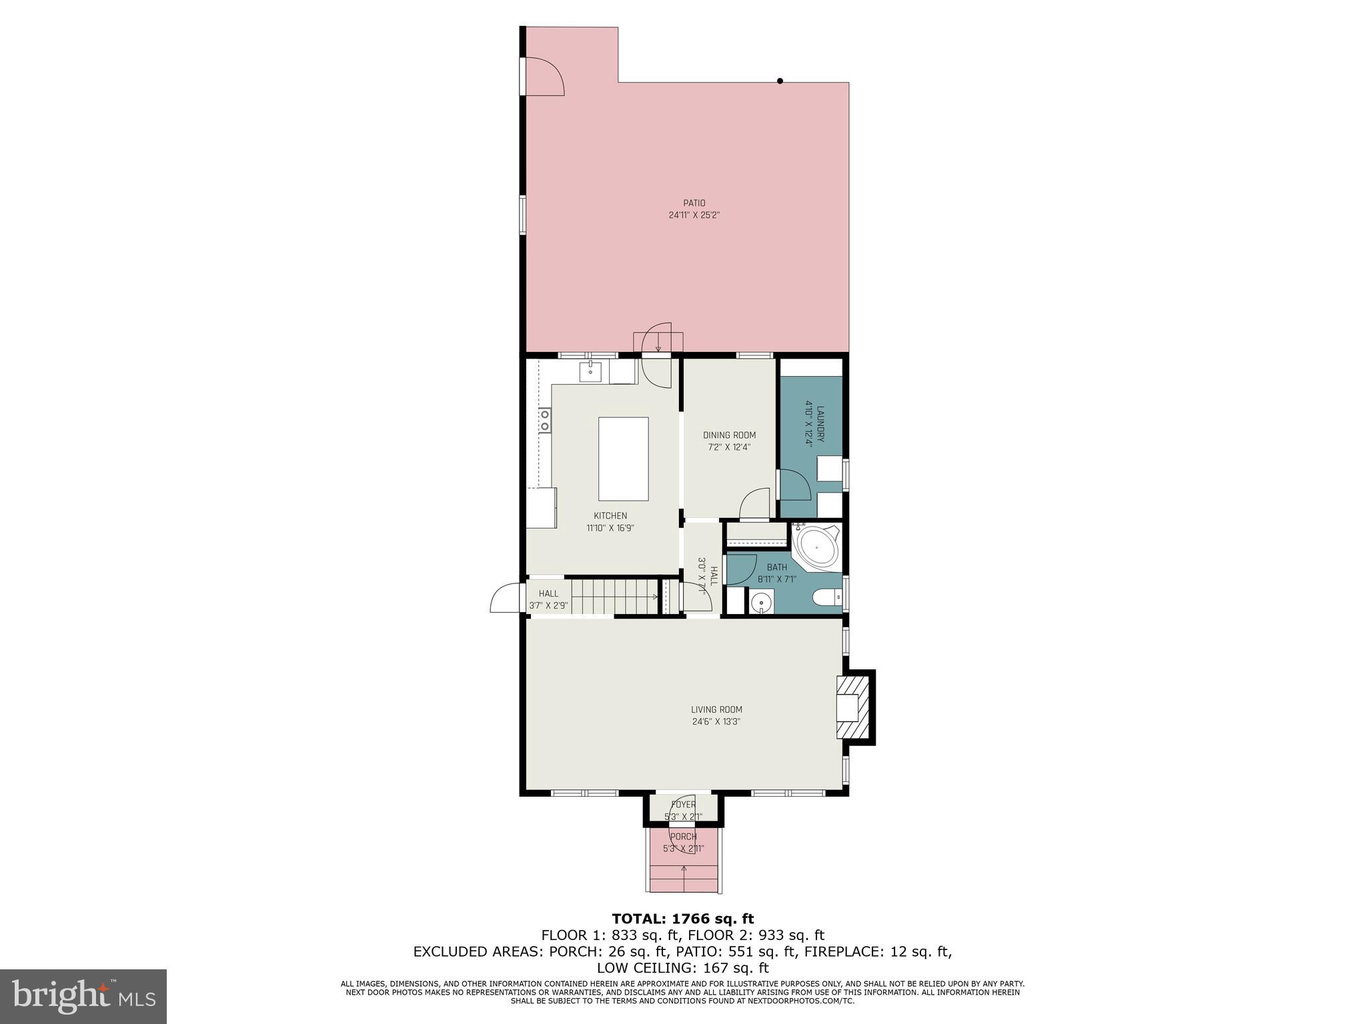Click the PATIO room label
pyautogui.click(x=694, y=203)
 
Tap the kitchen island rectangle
pyautogui.click(x=623, y=459)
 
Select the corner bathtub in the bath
pyautogui.click(x=816, y=547)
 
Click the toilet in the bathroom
pyautogui.click(x=826, y=597)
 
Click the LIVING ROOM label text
pyautogui.click(x=716, y=709)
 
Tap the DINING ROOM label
pyautogui.click(x=729, y=435)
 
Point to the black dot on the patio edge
pyautogui.click(x=780, y=81)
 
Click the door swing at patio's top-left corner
pyautogui.click(x=544, y=75)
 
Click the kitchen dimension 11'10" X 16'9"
pyautogui.click(x=610, y=528)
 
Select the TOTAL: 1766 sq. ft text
pyautogui.click(x=682, y=919)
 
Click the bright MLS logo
pyautogui.click(x=83, y=996)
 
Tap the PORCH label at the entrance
pyautogui.click(x=683, y=837)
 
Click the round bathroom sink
pyautogui.click(x=760, y=603)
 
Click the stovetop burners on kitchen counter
pyautogui.click(x=545, y=421)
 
